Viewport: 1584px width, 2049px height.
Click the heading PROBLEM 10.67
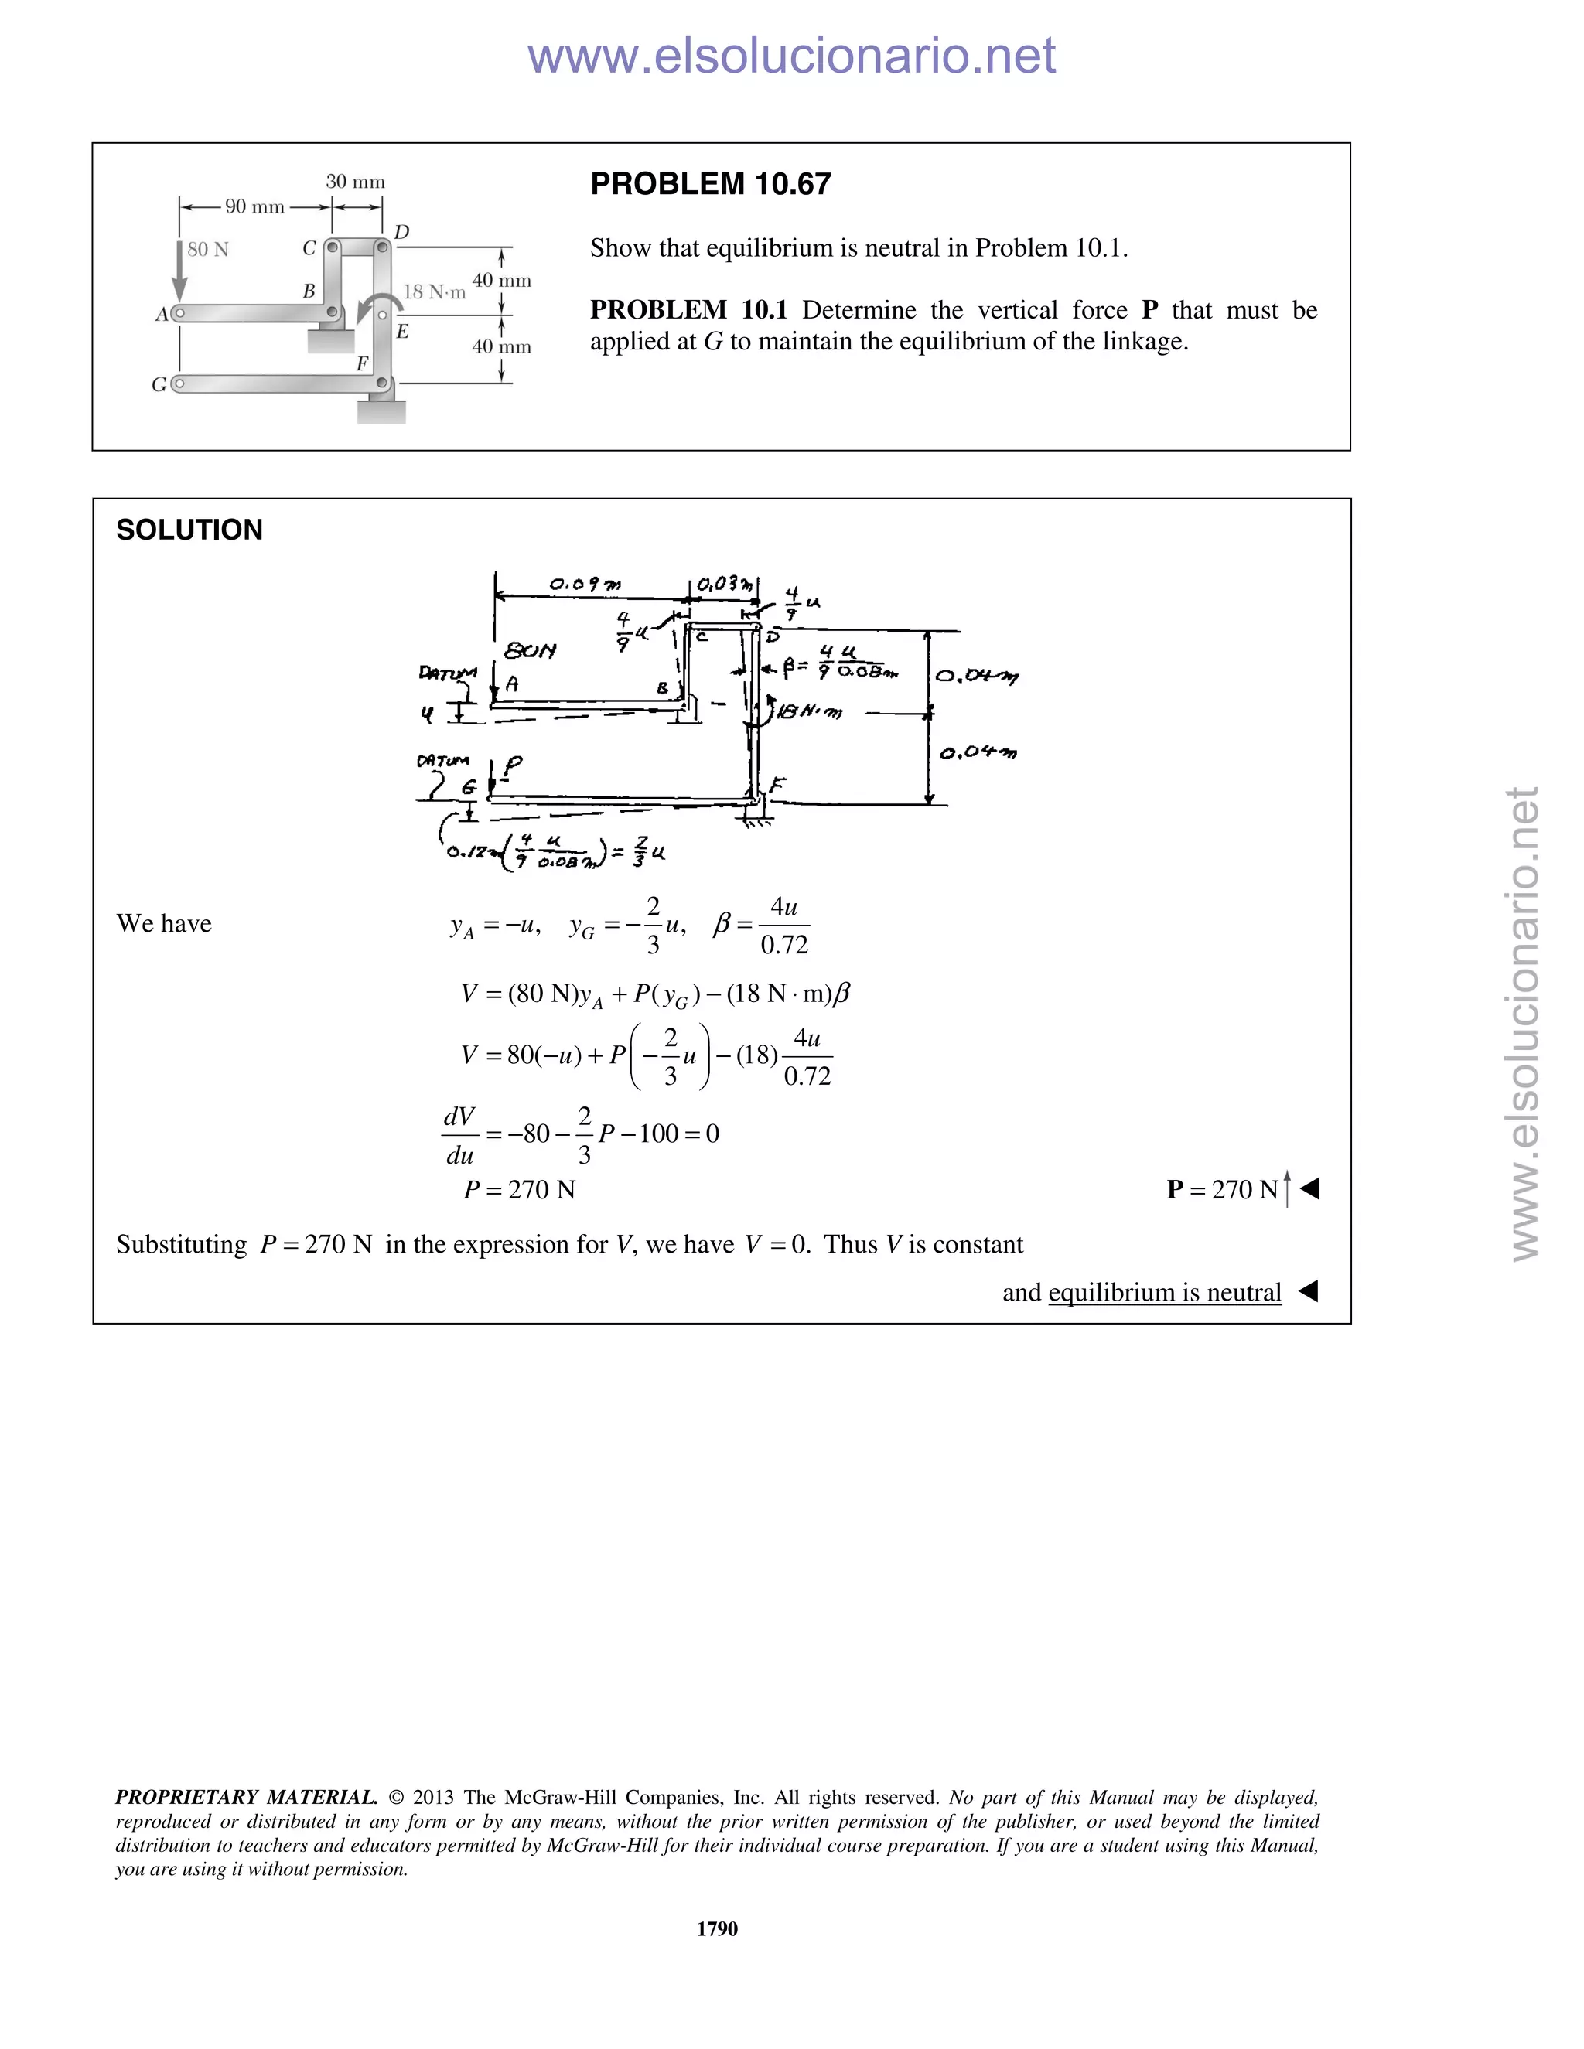710,184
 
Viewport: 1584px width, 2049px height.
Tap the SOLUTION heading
189,530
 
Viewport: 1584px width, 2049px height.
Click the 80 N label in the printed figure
207,250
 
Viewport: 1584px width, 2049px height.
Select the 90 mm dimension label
254,207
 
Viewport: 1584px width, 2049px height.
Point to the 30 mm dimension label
355,182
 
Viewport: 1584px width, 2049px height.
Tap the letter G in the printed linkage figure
159,384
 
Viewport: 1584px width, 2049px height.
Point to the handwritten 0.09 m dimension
585,585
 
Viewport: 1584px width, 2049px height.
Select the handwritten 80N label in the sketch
530,650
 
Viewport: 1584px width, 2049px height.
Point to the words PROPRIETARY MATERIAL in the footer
246,1798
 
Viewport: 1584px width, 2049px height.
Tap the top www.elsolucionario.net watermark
791,56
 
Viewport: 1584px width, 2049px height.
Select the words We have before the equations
164,924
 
